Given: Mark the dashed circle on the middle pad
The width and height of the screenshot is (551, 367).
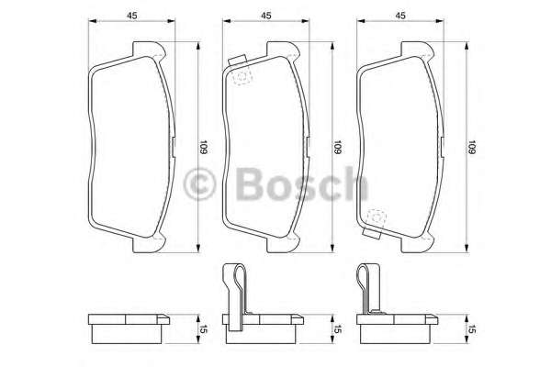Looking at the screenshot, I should coord(242,77).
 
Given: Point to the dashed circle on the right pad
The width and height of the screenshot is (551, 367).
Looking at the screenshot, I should coord(375,218).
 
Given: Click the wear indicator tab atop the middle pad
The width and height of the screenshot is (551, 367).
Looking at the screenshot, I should coord(240,62).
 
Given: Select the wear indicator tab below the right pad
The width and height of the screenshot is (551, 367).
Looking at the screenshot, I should coord(375,234).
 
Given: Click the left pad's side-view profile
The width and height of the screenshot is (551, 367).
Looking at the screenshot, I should coord(129,325).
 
